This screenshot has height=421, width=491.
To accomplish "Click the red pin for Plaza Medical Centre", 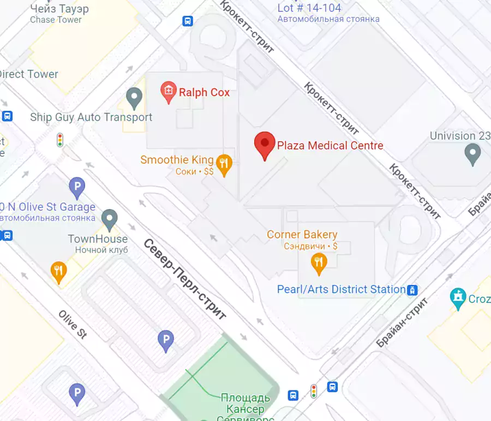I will click(265, 145).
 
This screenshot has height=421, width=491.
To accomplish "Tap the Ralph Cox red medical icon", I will click(169, 91).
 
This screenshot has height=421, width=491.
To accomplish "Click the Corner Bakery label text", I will click(302, 235).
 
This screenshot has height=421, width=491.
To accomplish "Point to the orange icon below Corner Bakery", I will click(319, 263).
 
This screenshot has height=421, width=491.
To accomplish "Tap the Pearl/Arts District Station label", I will click(341, 289).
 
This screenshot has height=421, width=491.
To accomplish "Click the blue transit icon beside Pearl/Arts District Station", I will click(414, 290).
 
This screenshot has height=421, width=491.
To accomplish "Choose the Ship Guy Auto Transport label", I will click(91, 117).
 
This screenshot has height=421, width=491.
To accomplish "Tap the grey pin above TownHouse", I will click(110, 219).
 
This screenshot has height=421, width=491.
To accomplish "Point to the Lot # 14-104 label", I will click(309, 8).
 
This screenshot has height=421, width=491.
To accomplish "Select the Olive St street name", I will click(73, 324).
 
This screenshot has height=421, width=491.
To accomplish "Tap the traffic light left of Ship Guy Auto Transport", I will click(60, 140).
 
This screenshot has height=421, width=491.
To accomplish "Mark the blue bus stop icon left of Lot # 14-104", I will click(188, 21).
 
